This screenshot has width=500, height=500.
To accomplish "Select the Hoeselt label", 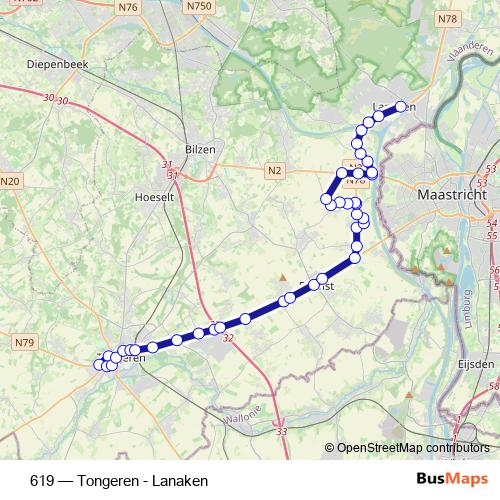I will coord(154,197).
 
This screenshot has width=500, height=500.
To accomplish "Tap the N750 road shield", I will coord(200,6).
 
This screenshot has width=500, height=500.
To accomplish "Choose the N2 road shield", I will coord(275,171).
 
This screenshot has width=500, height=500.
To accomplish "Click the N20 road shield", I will coord(10,181).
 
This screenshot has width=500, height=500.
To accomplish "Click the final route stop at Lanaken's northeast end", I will coord(401,107).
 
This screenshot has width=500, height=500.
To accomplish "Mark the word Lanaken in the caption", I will coord(182,481).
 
